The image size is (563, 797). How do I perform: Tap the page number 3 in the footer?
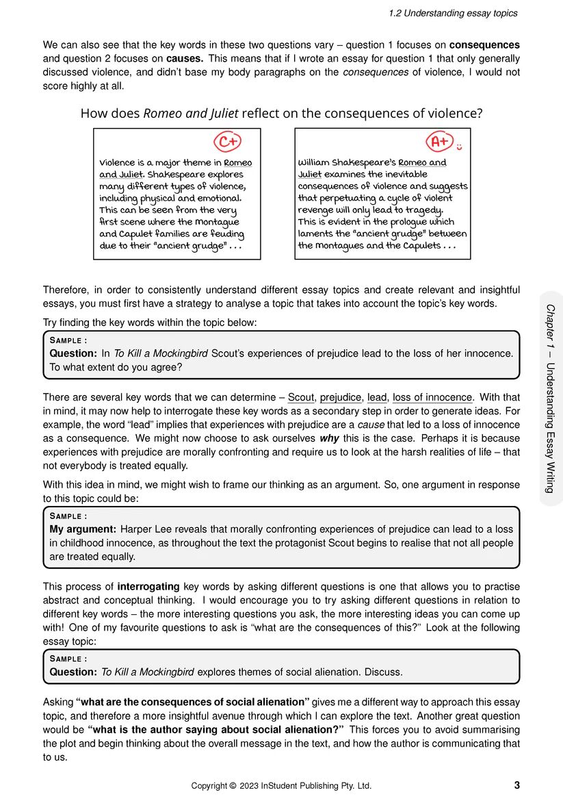pyautogui.click(x=516, y=785)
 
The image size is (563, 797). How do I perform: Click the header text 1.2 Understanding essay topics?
pyautogui.click(x=453, y=13)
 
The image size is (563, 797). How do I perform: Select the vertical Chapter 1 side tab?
pyautogui.click(x=550, y=398)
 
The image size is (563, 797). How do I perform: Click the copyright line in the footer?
pyautogui.click(x=281, y=785)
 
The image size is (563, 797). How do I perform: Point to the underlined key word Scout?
pyautogui.click(x=300, y=397)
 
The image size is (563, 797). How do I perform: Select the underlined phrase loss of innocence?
pyautogui.click(x=432, y=397)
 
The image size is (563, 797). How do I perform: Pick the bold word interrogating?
pyautogui.click(x=148, y=587)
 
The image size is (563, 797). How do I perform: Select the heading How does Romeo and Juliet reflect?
pyautogui.click(x=281, y=114)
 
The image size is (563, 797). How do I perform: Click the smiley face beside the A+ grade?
pyautogui.click(x=460, y=147)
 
